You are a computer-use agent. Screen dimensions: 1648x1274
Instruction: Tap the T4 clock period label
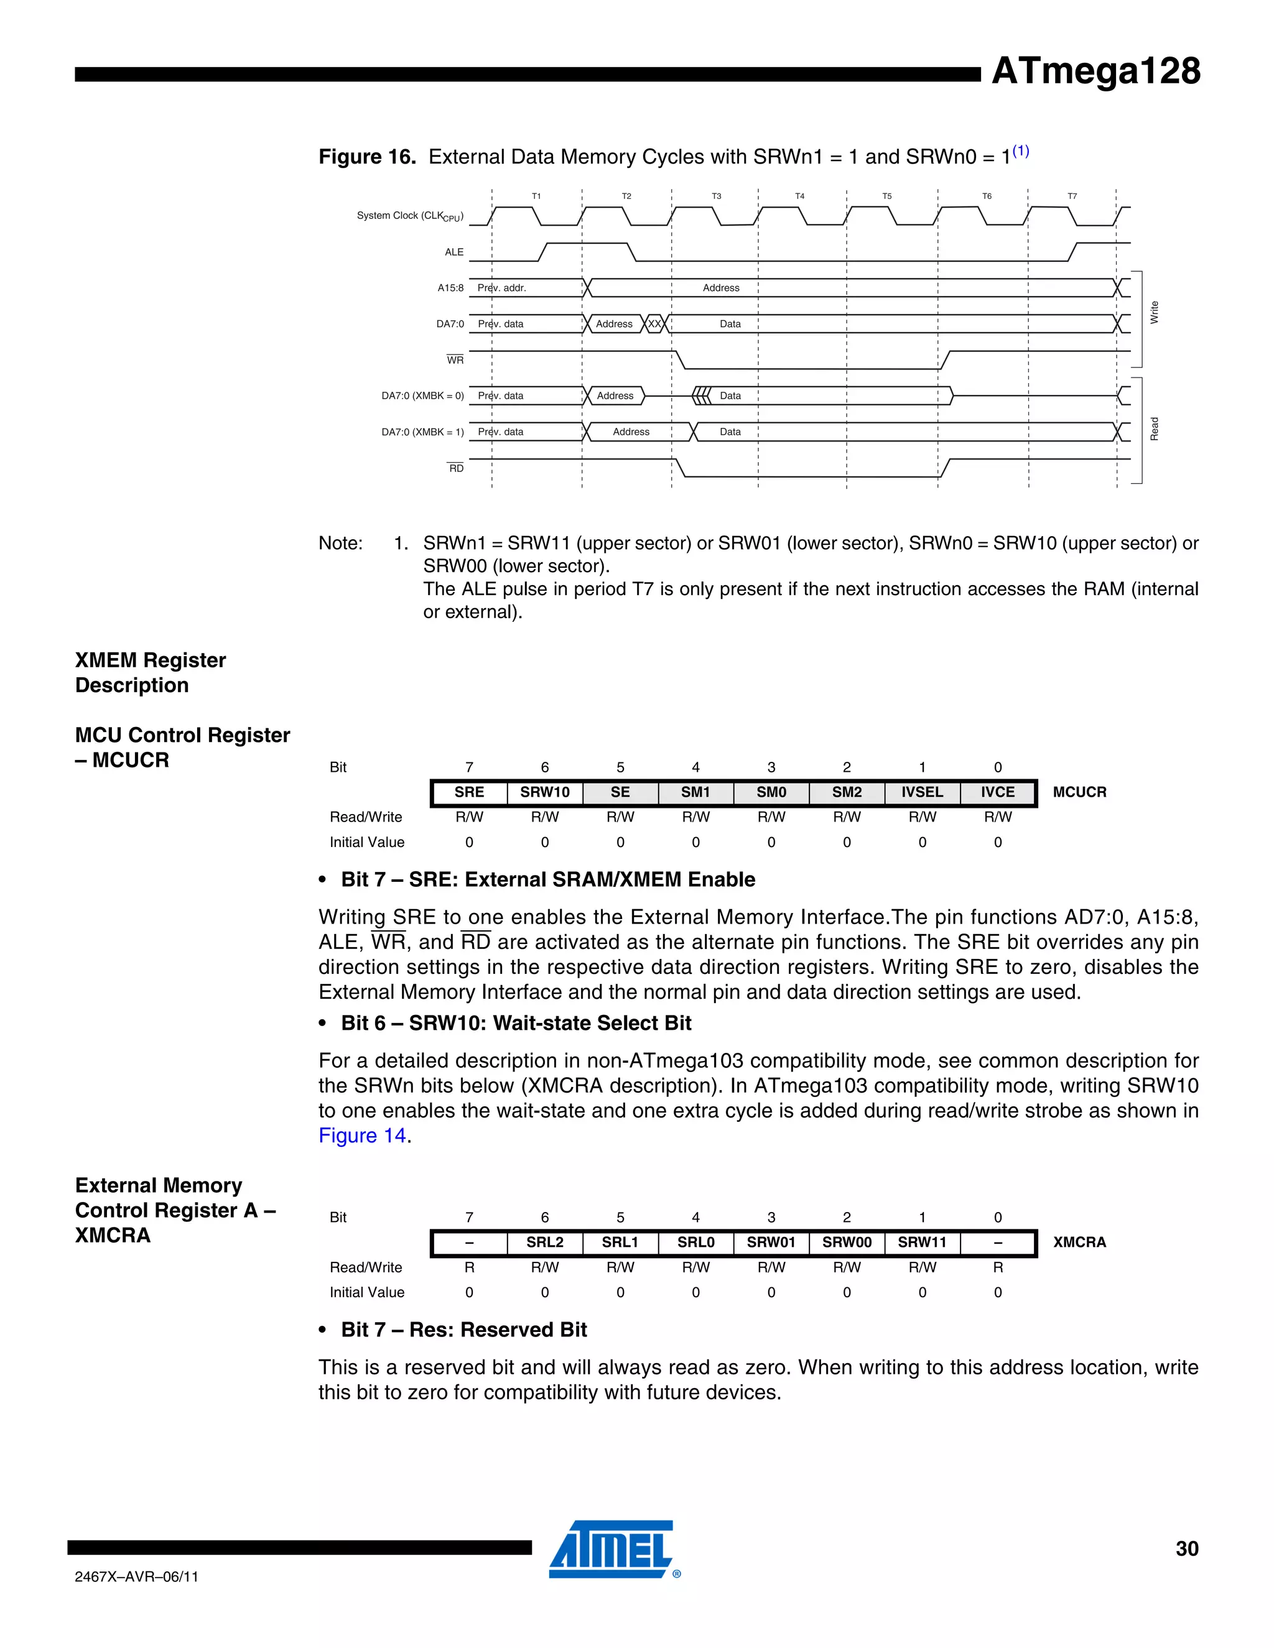pos(799,196)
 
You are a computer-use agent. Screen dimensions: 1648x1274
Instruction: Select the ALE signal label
pos(453,252)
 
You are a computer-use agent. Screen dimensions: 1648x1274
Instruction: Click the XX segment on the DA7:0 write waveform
pos(654,324)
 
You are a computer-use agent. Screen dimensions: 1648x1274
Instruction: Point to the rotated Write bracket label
pos(1153,312)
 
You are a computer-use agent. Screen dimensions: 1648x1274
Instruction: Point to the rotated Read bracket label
pos(1153,428)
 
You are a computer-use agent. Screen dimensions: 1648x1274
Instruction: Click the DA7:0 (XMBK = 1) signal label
pos(422,432)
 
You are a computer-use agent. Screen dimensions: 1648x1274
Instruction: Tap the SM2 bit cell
pos(846,792)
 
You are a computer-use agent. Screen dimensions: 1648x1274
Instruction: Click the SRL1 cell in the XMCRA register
pos(620,1242)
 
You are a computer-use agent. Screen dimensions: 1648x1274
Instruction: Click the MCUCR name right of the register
pos(1079,792)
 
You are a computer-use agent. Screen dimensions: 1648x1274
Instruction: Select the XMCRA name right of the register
pos(1079,1242)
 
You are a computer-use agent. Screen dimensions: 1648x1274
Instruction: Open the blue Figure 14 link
pos(362,1136)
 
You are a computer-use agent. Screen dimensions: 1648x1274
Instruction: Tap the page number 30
pos(1186,1549)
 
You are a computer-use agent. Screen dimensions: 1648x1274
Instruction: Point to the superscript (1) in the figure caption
pos(1020,151)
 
